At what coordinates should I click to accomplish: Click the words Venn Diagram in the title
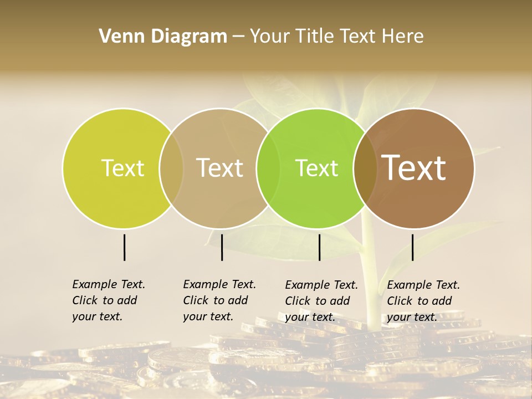[163, 37]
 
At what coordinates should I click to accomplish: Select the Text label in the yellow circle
[122, 168]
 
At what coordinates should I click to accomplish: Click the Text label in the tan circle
[219, 168]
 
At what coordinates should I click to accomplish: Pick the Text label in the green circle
[316, 168]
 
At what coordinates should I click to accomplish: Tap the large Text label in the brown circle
[414, 168]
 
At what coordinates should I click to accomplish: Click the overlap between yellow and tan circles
[171, 168]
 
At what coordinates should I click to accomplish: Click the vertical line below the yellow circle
[124, 247]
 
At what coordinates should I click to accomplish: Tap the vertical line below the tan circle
[222, 247]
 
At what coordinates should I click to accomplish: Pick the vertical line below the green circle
[319, 247]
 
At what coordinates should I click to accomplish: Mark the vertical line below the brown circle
[412, 247]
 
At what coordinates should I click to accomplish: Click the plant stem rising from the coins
[371, 277]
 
